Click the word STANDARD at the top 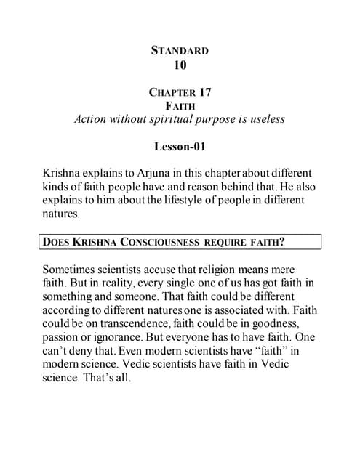point(180,51)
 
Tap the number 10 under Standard point(180,65)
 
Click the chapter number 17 point(207,92)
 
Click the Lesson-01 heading point(180,146)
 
